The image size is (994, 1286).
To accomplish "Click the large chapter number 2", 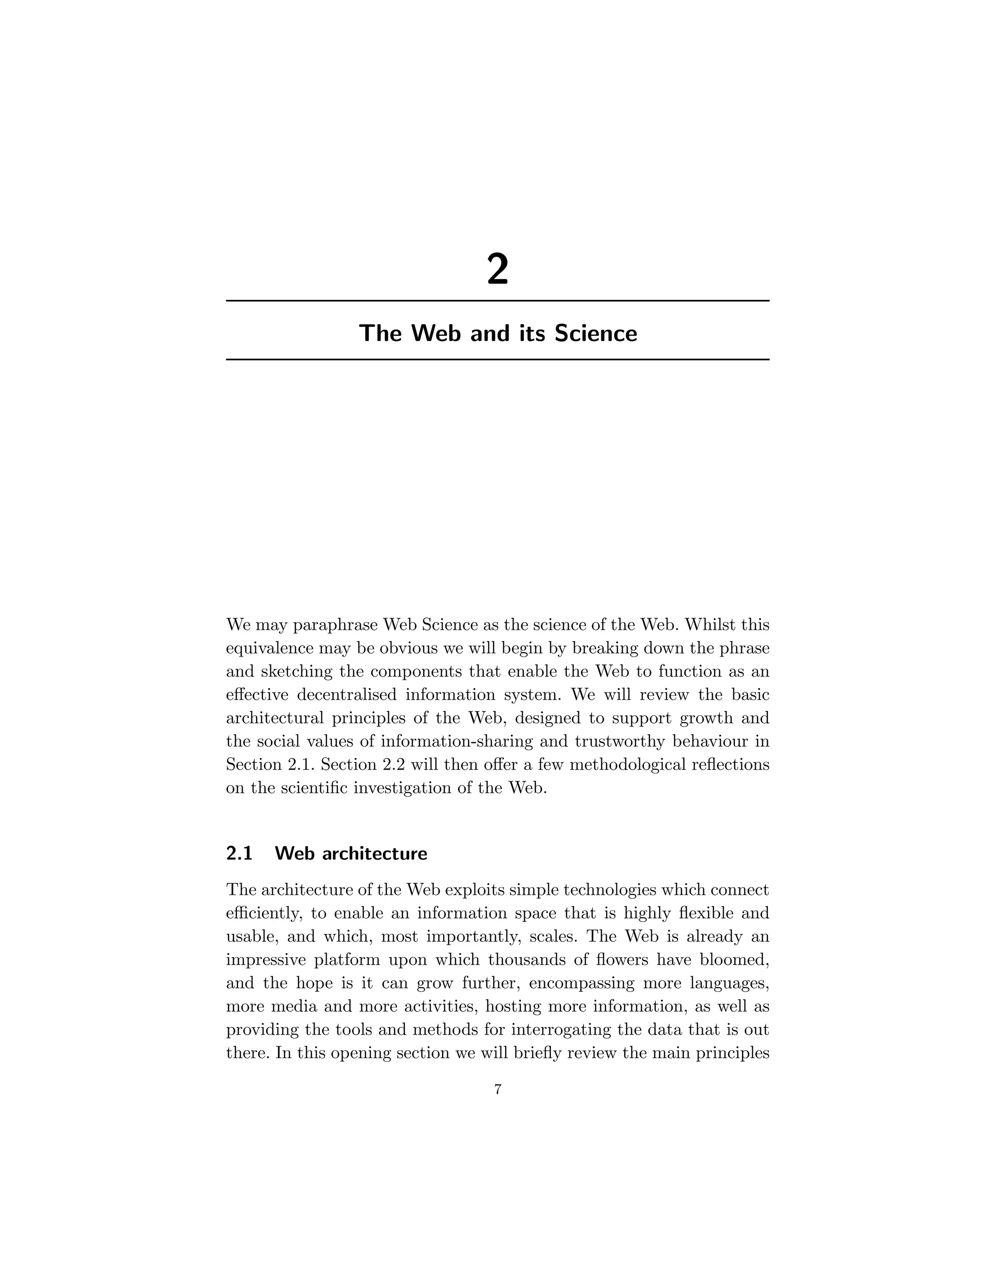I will click(x=497, y=270).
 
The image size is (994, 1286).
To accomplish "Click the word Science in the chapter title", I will click(x=596, y=333).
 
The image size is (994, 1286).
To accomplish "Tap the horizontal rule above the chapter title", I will click(x=497, y=301).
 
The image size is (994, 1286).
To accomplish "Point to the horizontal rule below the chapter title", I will click(x=497, y=359).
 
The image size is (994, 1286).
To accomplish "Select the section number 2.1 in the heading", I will click(x=239, y=853).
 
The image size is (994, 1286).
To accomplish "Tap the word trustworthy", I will click(x=619, y=742).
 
